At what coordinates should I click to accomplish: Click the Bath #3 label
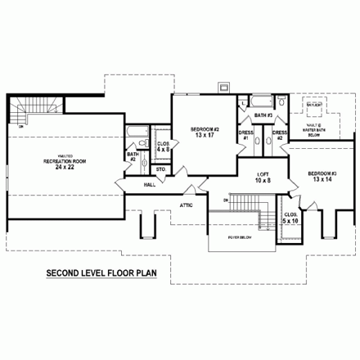coord(262,115)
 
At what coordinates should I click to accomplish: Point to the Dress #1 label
coord(244,134)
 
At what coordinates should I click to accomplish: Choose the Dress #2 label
coord(279,134)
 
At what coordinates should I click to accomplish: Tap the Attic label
coord(187,206)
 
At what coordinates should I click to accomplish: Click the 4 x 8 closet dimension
coord(163,151)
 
